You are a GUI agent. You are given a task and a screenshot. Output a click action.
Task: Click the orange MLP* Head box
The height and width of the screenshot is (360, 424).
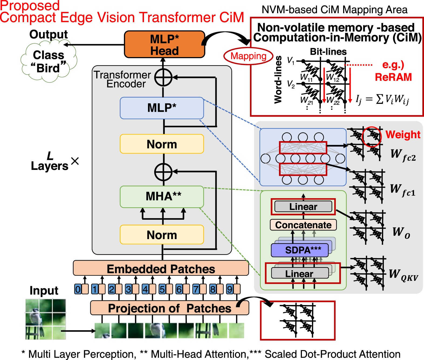click(x=164, y=45)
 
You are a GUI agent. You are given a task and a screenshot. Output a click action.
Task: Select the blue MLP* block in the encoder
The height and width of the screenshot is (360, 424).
click(x=162, y=108)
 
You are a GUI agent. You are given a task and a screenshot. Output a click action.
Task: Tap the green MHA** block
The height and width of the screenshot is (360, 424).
click(x=162, y=197)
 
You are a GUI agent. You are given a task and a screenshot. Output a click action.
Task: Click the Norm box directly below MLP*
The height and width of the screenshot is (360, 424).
click(x=162, y=144)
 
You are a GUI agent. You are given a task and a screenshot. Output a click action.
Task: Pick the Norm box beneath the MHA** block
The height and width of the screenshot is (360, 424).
click(x=162, y=235)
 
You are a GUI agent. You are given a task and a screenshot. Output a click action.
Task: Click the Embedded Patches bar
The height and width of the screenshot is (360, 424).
click(x=161, y=268)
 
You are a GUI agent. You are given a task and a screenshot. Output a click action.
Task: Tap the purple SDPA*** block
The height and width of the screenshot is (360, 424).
click(x=299, y=250)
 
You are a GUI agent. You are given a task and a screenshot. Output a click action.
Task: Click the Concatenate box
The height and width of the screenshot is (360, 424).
click(x=303, y=225)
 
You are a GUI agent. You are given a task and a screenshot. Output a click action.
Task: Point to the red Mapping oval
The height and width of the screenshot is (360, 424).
click(x=248, y=56)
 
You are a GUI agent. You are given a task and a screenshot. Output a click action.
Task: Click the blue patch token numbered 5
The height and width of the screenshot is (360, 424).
click(x=162, y=289)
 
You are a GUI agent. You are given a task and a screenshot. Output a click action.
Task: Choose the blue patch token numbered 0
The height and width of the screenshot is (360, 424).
click(x=78, y=289)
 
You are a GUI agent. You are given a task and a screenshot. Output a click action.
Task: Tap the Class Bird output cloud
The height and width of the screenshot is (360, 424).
click(x=49, y=62)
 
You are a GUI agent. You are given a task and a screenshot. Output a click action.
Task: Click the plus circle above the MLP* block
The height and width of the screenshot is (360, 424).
click(x=163, y=78)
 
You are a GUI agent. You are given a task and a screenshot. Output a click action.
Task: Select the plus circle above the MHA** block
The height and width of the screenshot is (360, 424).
click(x=163, y=172)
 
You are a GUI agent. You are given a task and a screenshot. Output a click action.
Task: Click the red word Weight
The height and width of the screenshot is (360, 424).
click(x=403, y=134)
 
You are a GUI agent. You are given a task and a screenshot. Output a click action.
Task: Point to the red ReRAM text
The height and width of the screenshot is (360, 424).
click(x=393, y=77)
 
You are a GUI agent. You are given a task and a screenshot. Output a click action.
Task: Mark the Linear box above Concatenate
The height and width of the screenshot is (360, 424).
click(x=303, y=207)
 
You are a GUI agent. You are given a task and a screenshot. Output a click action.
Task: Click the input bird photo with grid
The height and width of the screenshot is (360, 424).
click(x=46, y=319)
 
